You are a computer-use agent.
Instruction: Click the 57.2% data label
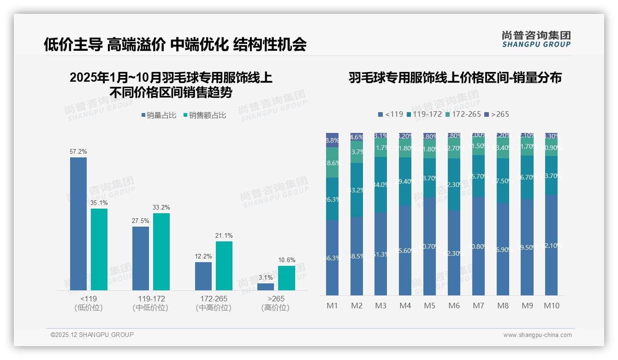tap(78, 151)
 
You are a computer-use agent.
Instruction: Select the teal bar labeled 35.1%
tap(99, 249)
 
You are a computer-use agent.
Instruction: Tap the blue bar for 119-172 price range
tap(141, 258)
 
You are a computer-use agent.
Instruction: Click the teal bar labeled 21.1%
tap(224, 265)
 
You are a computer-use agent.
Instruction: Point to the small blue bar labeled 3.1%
tap(266, 287)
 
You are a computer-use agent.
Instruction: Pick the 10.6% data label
tap(286, 260)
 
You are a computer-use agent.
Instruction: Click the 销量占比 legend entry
tap(159, 115)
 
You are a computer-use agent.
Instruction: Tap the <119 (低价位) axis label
tap(89, 303)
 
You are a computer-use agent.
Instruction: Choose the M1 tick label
tap(333, 306)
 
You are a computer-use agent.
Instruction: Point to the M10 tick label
tap(552, 306)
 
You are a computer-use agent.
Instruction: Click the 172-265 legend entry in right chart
tap(463, 114)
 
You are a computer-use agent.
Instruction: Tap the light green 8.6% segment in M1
tap(333, 162)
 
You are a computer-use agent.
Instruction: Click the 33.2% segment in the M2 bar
tap(357, 190)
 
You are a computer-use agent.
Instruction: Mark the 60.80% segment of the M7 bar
tap(479, 246)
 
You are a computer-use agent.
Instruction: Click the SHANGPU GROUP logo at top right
tap(536, 39)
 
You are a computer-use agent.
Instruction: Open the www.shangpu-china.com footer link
tap(537, 335)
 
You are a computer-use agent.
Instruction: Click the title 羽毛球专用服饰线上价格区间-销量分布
tap(455, 78)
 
